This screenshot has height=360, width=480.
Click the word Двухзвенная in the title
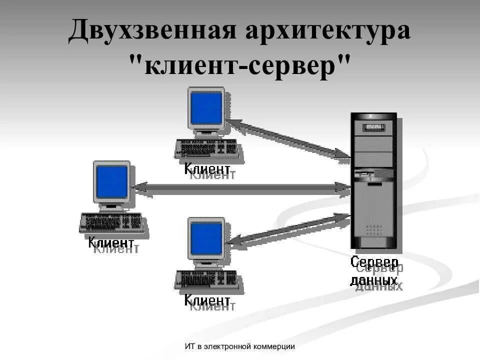(152, 31)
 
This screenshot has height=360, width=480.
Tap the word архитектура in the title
(328, 31)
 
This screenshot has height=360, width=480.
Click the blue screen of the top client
(206, 108)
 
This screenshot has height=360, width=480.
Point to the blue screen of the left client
(111, 182)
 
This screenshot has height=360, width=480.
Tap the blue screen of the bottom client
(206, 237)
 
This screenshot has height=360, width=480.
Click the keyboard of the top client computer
(206, 148)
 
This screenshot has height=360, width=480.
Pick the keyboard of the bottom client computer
(206, 279)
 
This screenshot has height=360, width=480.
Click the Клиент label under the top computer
(207, 168)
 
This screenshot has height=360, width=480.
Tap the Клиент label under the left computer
(111, 243)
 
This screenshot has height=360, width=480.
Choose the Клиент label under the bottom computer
(207, 300)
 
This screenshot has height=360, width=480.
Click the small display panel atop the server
(373, 127)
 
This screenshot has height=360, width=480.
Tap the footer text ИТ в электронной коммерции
(239, 346)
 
